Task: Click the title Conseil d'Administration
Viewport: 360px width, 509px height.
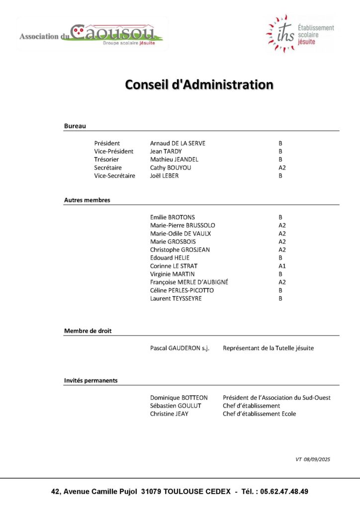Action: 199,85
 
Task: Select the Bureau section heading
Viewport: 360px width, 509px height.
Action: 75,126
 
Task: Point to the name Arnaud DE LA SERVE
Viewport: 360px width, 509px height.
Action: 178,143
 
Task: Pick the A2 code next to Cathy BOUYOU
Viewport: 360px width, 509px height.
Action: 282,168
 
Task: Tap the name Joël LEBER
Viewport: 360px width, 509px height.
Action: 164,175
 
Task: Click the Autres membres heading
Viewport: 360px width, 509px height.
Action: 87,200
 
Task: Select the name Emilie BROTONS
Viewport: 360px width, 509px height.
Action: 173,217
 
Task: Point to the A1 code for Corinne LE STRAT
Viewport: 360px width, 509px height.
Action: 282,266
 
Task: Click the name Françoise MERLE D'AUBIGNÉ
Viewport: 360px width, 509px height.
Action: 189,282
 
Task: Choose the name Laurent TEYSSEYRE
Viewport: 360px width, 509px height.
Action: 176,299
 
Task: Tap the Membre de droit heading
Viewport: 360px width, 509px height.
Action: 88,331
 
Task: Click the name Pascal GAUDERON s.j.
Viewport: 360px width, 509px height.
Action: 180,348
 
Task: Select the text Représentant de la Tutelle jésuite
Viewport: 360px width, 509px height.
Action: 268,348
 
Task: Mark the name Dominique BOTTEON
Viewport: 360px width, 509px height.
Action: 179,398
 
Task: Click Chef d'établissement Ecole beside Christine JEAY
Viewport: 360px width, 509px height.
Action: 259,414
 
